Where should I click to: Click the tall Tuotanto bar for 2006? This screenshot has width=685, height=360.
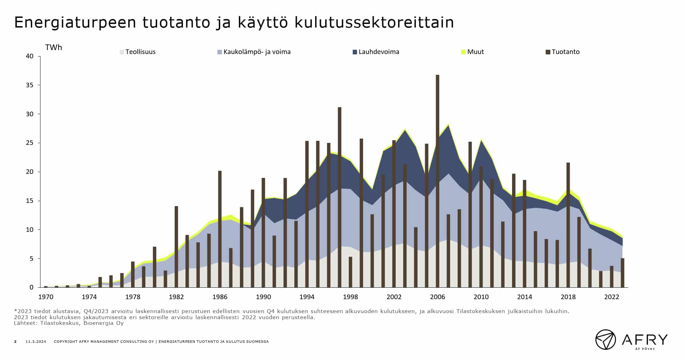pyautogui.click(x=437, y=179)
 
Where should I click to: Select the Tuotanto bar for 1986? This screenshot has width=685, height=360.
pyautogui.click(x=220, y=229)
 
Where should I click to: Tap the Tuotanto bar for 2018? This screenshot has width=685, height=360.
pyautogui.click(x=568, y=225)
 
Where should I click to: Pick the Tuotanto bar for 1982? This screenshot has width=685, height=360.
pyautogui.click(x=176, y=247)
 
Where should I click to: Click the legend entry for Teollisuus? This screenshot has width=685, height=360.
pyautogui.click(x=138, y=52)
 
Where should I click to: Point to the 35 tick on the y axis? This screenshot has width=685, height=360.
pyautogui.click(x=30, y=85)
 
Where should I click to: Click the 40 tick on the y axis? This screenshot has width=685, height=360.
pyautogui.click(x=30, y=56)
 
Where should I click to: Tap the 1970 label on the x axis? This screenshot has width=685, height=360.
pyautogui.click(x=46, y=297)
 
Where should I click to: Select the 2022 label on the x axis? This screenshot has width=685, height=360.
pyautogui.click(x=612, y=297)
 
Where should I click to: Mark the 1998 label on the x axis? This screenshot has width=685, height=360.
pyautogui.click(x=350, y=297)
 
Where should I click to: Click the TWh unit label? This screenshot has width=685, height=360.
pyautogui.click(x=53, y=48)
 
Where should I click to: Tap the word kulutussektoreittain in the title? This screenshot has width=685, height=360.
pyautogui.click(x=374, y=23)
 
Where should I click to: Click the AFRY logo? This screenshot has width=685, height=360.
pyautogui.click(x=632, y=339)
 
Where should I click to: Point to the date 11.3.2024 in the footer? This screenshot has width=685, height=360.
pyautogui.click(x=36, y=342)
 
